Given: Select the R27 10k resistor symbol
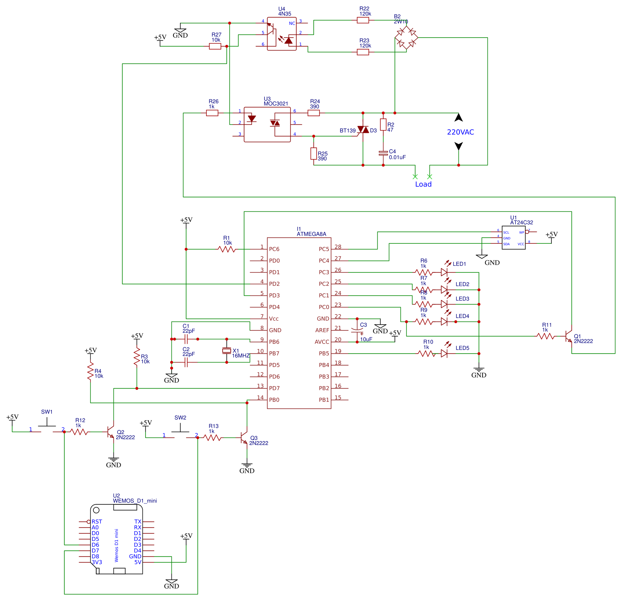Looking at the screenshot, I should tap(215, 47).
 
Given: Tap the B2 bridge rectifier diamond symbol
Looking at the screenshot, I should tap(406, 38).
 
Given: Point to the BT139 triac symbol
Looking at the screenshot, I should tap(363, 130).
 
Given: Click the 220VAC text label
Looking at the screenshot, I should tap(460, 132).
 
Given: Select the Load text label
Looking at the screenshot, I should tap(423, 184).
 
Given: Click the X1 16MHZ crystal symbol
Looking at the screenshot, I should tap(227, 350).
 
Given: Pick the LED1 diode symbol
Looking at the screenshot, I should tap(444, 272).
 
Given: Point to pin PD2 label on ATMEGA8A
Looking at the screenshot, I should tap(274, 284).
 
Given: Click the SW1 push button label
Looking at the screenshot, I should tap(47, 412).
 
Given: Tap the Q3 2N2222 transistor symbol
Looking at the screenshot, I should tap(244, 438).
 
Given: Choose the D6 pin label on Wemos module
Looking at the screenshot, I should tap(95, 545).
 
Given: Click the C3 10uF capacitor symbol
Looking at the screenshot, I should tap(357, 330).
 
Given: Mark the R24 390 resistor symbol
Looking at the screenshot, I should tap(313, 113).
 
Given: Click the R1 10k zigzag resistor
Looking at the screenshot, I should tap(227, 249).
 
